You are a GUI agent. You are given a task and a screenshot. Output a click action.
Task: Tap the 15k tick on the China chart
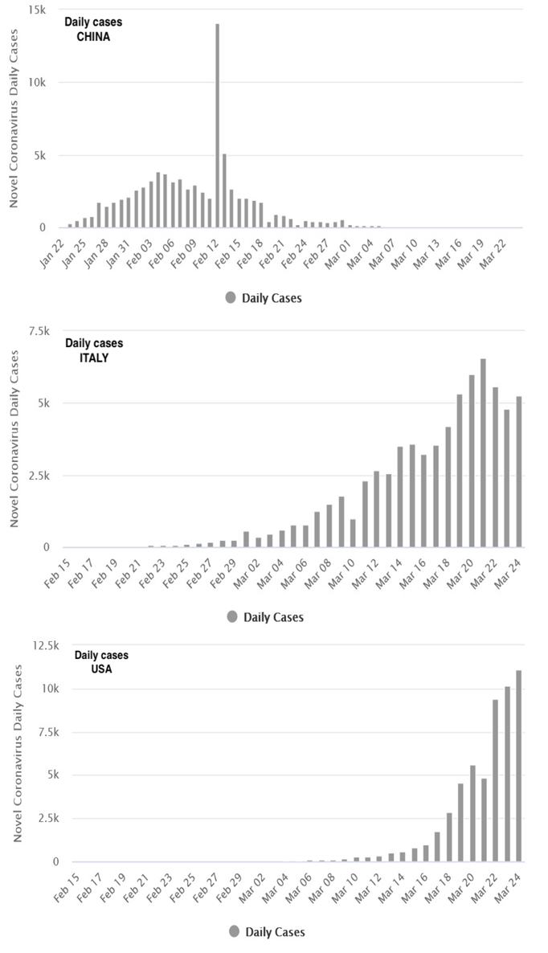[x=36, y=10]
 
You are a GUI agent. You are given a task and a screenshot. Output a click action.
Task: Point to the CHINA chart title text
[x=93, y=36]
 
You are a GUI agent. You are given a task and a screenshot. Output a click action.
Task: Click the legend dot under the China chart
[x=231, y=298]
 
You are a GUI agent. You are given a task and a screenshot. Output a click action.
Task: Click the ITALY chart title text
[x=94, y=358]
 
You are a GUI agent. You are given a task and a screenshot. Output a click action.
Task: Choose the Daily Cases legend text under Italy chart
[x=273, y=618]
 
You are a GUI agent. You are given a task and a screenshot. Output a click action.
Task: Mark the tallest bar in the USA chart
[x=519, y=766]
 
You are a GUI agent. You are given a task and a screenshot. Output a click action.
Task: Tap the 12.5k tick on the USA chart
[x=36, y=644]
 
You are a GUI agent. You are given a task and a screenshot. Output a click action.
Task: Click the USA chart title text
[x=100, y=669]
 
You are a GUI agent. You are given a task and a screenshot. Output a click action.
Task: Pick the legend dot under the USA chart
[x=233, y=932]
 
